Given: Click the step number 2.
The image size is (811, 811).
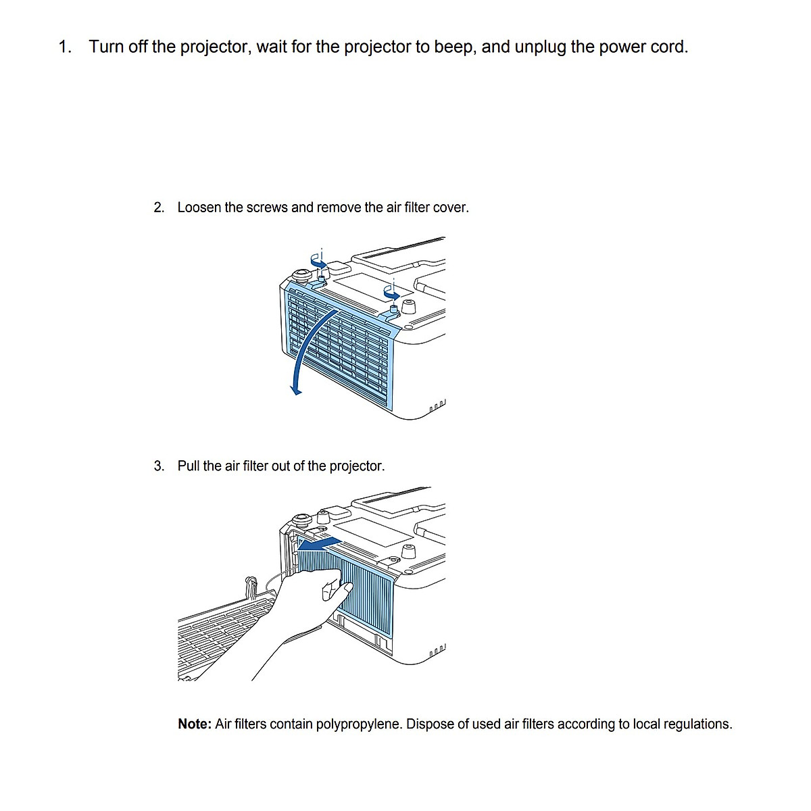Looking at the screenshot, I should [159, 207].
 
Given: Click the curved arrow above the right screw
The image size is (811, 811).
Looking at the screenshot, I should [392, 292].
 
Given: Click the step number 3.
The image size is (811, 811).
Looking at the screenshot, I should [159, 466].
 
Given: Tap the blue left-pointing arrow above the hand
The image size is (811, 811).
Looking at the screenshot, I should [319, 543].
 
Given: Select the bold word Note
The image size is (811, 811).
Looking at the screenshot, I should [195, 724].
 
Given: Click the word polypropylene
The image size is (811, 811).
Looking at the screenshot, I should [359, 724].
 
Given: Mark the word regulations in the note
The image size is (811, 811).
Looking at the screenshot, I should [697, 724].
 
